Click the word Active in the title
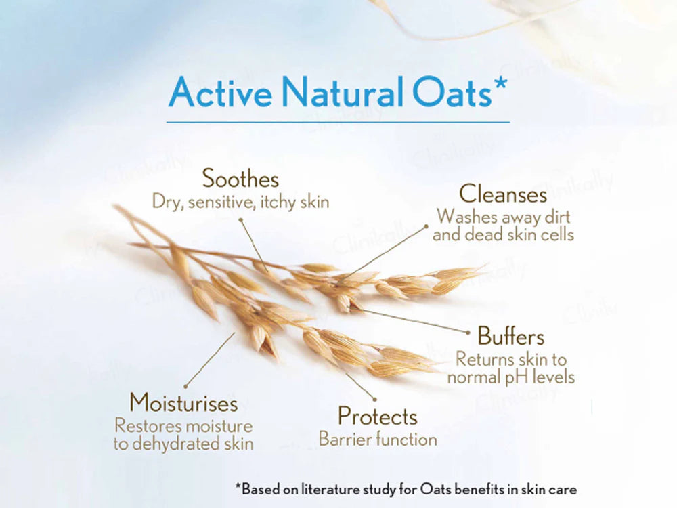(220, 91)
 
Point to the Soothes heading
(240, 178)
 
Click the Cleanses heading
(503, 194)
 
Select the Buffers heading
(510, 336)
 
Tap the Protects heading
(377, 417)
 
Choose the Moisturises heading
(183, 402)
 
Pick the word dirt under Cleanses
(557, 217)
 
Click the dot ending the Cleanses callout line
(426, 226)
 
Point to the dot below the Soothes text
(241, 220)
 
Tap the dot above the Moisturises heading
(185, 386)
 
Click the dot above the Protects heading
(375, 399)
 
